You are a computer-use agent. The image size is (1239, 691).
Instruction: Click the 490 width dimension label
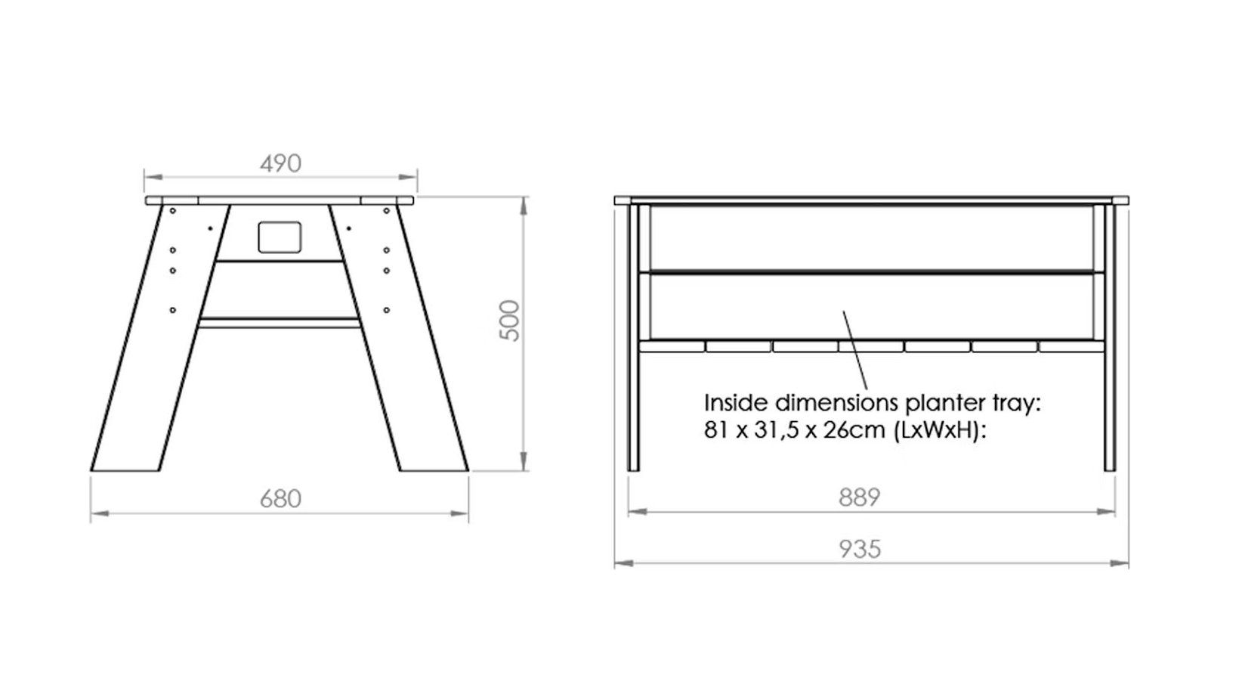[x=280, y=163]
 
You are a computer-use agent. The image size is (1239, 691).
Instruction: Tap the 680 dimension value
[x=280, y=499]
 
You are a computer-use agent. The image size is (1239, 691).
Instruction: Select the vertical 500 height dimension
[x=509, y=321]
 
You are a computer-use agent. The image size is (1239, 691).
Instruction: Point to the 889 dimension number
[x=859, y=497]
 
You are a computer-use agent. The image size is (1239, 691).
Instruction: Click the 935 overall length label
[x=860, y=549]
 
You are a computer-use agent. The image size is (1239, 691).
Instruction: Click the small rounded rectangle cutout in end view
[x=280, y=237]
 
